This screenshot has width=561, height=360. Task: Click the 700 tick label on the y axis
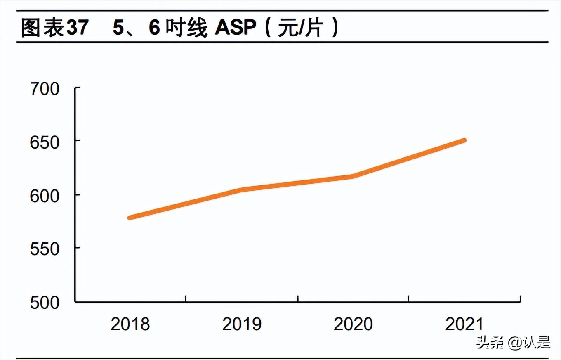tap(45, 89)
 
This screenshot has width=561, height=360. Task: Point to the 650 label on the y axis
tap(45, 142)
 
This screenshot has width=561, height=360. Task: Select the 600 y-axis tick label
tap(45, 195)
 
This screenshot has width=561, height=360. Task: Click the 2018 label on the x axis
tap(130, 324)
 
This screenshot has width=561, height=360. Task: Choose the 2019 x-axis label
tap(242, 324)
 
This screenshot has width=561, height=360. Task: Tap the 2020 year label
tap(353, 324)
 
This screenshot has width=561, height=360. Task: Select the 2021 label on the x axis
tap(464, 324)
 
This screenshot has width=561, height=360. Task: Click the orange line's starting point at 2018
tap(130, 217)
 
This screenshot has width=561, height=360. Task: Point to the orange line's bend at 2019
tap(242, 189)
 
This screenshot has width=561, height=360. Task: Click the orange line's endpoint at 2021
tap(464, 141)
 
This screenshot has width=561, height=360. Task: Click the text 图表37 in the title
tap(54, 28)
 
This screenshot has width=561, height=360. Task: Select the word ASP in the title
tap(235, 28)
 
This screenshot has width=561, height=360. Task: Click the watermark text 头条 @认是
tap(513, 342)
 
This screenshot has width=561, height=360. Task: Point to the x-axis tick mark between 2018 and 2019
tap(186, 298)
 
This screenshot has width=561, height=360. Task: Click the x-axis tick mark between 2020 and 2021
tap(408, 298)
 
